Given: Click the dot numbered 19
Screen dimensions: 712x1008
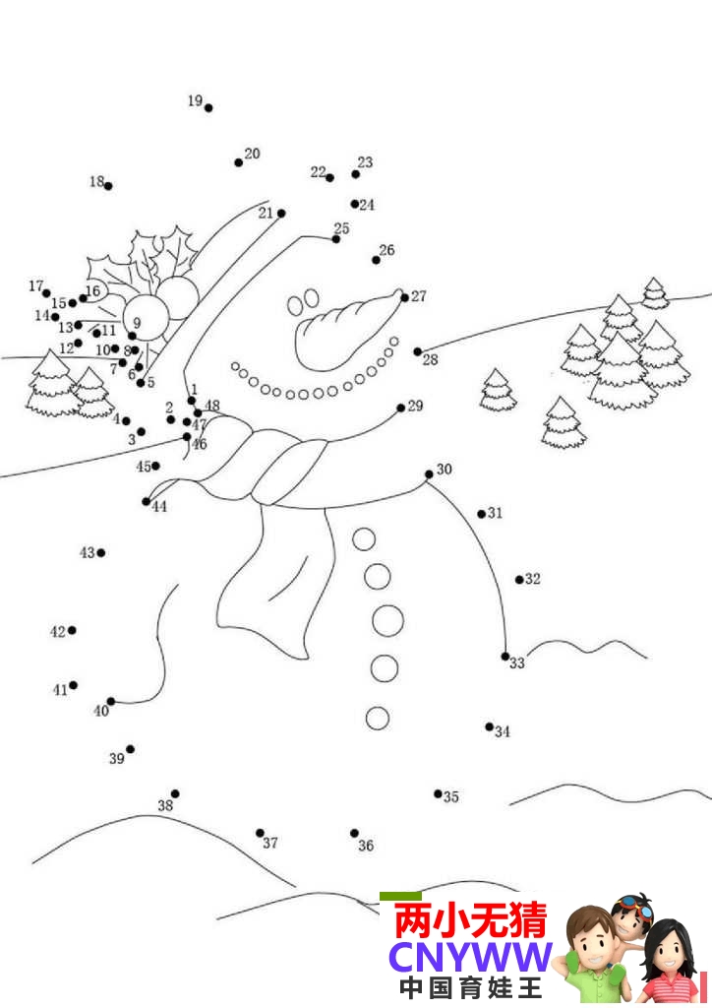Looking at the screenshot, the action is click(208, 108).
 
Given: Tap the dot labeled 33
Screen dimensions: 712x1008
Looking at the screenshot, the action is click(505, 657).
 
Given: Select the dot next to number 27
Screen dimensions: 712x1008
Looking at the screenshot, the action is click(404, 297).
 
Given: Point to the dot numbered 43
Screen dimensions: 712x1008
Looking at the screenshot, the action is click(100, 553).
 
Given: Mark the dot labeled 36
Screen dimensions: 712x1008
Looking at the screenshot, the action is click(354, 833).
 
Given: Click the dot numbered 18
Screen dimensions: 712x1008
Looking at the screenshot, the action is click(108, 186).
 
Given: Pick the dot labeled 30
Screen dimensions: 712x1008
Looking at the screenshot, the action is click(429, 474).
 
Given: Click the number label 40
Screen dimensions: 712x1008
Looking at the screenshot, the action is click(101, 711).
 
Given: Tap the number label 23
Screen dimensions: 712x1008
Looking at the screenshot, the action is click(365, 162).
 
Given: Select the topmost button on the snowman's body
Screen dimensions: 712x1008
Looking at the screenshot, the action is click(364, 539).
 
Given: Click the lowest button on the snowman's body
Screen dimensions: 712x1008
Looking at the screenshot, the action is click(378, 718).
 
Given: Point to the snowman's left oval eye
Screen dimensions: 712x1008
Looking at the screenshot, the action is click(295, 305).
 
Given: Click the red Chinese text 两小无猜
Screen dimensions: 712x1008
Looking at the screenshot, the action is click(471, 920).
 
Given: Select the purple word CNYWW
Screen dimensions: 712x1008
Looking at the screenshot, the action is click(471, 958).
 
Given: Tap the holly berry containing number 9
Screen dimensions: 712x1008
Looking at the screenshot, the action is click(147, 318).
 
